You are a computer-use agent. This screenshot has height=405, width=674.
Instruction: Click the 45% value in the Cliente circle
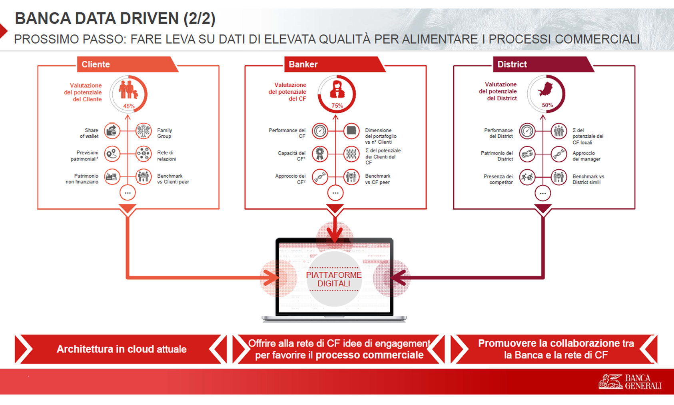(x=129, y=106)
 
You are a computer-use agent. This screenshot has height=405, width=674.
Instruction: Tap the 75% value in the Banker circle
(x=337, y=106)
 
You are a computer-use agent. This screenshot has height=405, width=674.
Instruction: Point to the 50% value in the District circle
(x=547, y=105)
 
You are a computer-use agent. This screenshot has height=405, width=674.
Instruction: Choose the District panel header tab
(x=543, y=64)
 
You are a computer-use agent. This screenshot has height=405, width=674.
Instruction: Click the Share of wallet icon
(x=112, y=131)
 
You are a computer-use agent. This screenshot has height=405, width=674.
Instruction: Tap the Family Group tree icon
(x=144, y=131)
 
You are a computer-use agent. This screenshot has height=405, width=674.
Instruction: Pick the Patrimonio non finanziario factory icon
(x=112, y=177)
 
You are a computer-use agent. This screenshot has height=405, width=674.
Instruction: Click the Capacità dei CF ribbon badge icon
(x=320, y=154)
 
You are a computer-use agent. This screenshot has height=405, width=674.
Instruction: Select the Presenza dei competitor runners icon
(x=527, y=177)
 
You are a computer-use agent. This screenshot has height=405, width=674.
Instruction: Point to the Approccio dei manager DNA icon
(x=559, y=154)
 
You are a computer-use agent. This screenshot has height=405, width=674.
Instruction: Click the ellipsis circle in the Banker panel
(x=335, y=193)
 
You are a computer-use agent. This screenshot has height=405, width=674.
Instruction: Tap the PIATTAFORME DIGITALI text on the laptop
(x=334, y=279)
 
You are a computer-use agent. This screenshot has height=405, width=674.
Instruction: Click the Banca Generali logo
(x=630, y=382)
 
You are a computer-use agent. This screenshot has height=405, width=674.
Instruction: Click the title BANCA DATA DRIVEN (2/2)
(x=115, y=18)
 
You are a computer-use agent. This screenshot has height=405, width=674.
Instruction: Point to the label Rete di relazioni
(x=166, y=156)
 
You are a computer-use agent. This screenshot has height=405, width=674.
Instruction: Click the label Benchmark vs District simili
(x=588, y=179)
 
